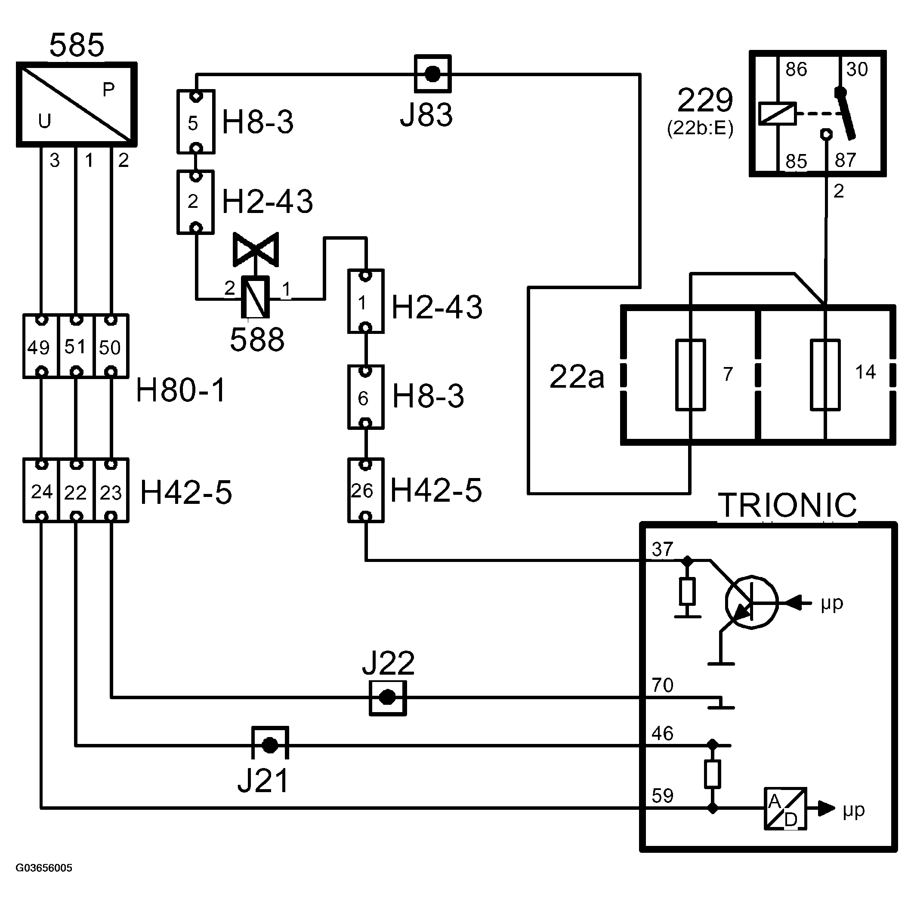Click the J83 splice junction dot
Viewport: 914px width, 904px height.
click(x=432, y=74)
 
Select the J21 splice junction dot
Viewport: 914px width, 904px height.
click(x=270, y=746)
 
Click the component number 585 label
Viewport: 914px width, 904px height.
click(x=77, y=45)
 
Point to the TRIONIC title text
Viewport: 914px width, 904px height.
click(x=787, y=505)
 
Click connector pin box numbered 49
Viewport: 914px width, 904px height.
click(x=41, y=346)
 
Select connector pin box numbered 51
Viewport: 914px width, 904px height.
click(x=76, y=346)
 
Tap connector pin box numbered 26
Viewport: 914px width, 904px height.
click(x=366, y=491)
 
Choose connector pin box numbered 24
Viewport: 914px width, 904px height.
click(x=41, y=491)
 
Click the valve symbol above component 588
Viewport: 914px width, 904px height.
click(x=256, y=249)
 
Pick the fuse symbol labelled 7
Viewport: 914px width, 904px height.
click(x=690, y=375)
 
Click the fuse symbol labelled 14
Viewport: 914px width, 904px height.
click(x=825, y=375)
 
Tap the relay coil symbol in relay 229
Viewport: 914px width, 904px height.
click(x=777, y=114)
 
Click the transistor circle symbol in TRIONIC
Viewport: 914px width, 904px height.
click(x=751, y=602)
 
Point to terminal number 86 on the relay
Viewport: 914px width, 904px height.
click(x=796, y=70)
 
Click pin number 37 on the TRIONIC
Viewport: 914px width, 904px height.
click(x=662, y=549)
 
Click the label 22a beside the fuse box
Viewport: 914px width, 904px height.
click(x=577, y=376)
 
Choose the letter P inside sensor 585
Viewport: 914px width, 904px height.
click(x=109, y=89)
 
